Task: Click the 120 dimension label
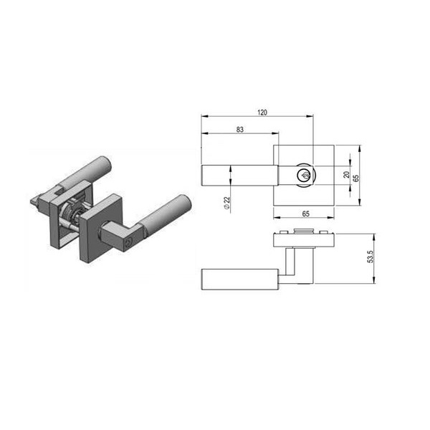point(262,113)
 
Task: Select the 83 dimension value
point(240,130)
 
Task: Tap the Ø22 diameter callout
point(226,204)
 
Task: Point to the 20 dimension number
point(347,175)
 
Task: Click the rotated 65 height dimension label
point(355,178)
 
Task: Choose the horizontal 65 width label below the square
point(306,214)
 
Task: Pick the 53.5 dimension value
point(371,257)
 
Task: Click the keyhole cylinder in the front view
point(305,175)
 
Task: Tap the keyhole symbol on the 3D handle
point(128,242)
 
